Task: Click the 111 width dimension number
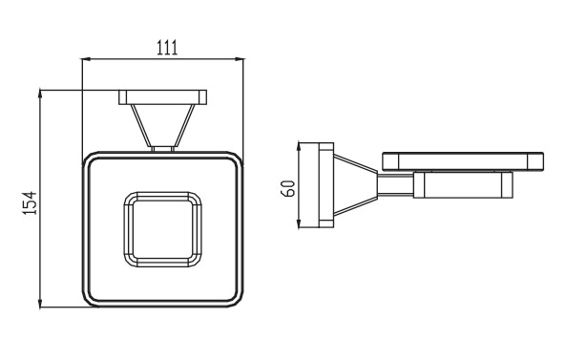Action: [x=167, y=48]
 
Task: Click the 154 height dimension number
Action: [x=30, y=202]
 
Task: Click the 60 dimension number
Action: [x=288, y=188]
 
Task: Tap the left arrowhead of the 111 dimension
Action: [x=87, y=59]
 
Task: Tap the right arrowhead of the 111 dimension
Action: [x=239, y=59]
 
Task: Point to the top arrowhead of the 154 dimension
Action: [x=40, y=95]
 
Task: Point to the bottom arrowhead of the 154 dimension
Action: [x=40, y=303]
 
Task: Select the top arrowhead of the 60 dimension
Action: [x=299, y=147]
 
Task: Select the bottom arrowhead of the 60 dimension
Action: [x=299, y=222]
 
